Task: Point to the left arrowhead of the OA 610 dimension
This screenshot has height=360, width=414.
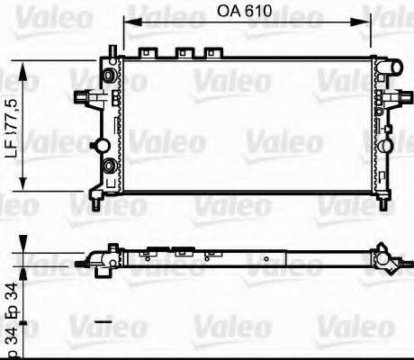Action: [128, 24]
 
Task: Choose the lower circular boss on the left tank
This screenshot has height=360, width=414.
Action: [109, 167]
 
